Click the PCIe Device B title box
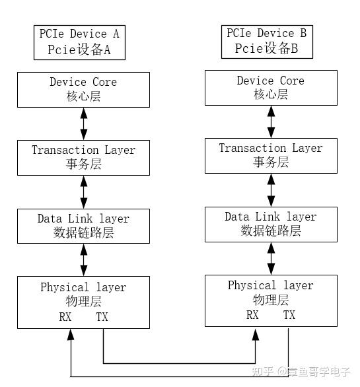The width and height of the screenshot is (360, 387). pyautogui.click(x=266, y=41)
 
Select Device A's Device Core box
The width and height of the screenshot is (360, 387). pyautogui.click(x=83, y=89)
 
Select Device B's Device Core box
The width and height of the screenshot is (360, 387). pyautogui.click(x=271, y=88)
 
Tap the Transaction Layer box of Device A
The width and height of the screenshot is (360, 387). pyautogui.click(x=83, y=157)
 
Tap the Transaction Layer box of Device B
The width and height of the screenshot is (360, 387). pyautogui.click(x=271, y=156)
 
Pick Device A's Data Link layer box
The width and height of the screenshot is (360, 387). pyautogui.click(x=83, y=225)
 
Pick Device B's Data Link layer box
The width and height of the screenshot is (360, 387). pyautogui.click(x=271, y=224)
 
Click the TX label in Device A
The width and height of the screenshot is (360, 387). pyautogui.click(x=102, y=317)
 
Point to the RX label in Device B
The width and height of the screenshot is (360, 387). pyautogui.click(x=253, y=315)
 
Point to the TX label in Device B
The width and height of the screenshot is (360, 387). pyautogui.click(x=289, y=315)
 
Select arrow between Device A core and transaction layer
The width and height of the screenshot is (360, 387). pyautogui.click(x=83, y=123)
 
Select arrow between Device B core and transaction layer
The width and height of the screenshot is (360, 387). pyautogui.click(x=271, y=122)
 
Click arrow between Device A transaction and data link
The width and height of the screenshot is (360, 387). pyautogui.click(x=83, y=192)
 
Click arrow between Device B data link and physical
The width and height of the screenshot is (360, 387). pyautogui.click(x=271, y=258)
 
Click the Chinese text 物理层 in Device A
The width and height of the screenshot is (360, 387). pyautogui.click(x=83, y=302)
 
